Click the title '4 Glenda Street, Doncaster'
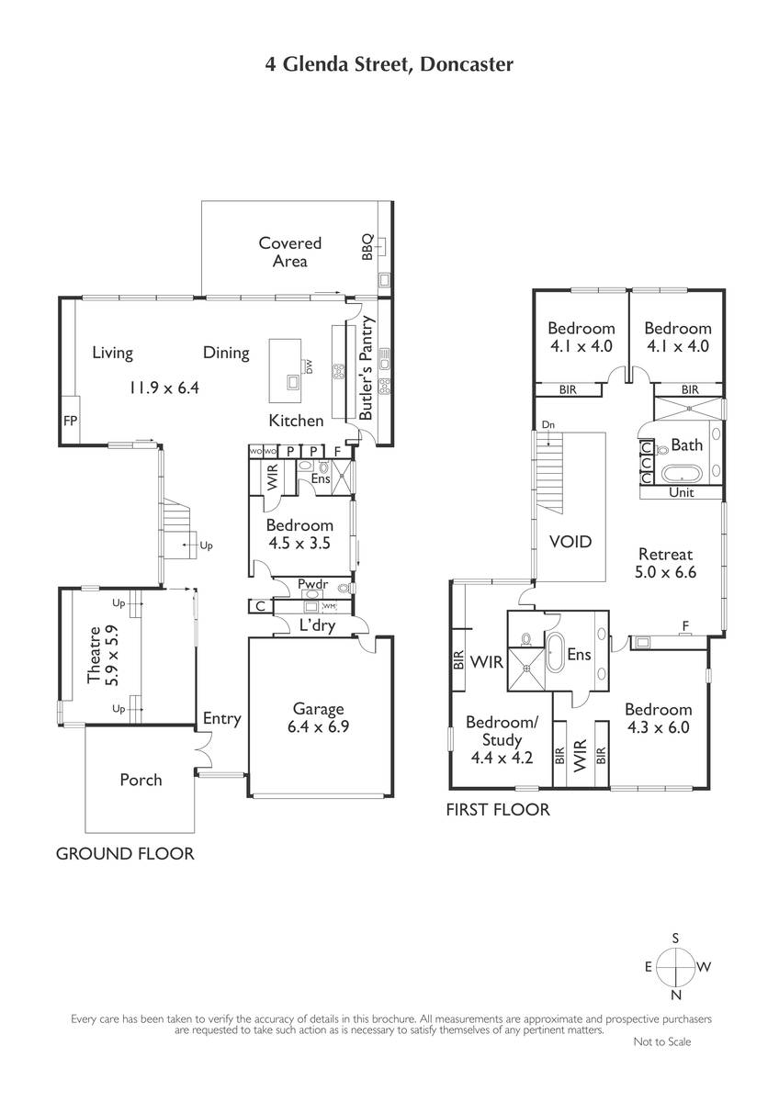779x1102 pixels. pyautogui.click(x=389, y=64)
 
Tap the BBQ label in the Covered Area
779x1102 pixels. pyautogui.click(x=367, y=247)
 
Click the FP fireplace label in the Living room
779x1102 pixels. pyautogui.click(x=71, y=421)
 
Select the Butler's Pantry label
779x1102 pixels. pyautogui.click(x=367, y=368)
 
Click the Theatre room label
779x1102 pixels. pyautogui.click(x=94, y=655)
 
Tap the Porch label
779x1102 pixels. pyautogui.click(x=141, y=780)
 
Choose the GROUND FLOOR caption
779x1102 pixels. pyautogui.click(x=125, y=853)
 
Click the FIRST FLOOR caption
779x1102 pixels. pyautogui.click(x=498, y=809)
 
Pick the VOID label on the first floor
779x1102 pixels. pyautogui.click(x=570, y=542)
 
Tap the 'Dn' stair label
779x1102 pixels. pyautogui.click(x=548, y=424)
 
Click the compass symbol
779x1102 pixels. pyautogui.click(x=676, y=967)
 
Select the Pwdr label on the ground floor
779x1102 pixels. pyautogui.click(x=313, y=584)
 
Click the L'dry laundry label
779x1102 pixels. pyautogui.click(x=318, y=625)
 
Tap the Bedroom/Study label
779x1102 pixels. pyautogui.click(x=502, y=731)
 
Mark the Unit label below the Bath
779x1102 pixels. pyautogui.click(x=682, y=492)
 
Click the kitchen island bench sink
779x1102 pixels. pyautogui.click(x=293, y=382)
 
